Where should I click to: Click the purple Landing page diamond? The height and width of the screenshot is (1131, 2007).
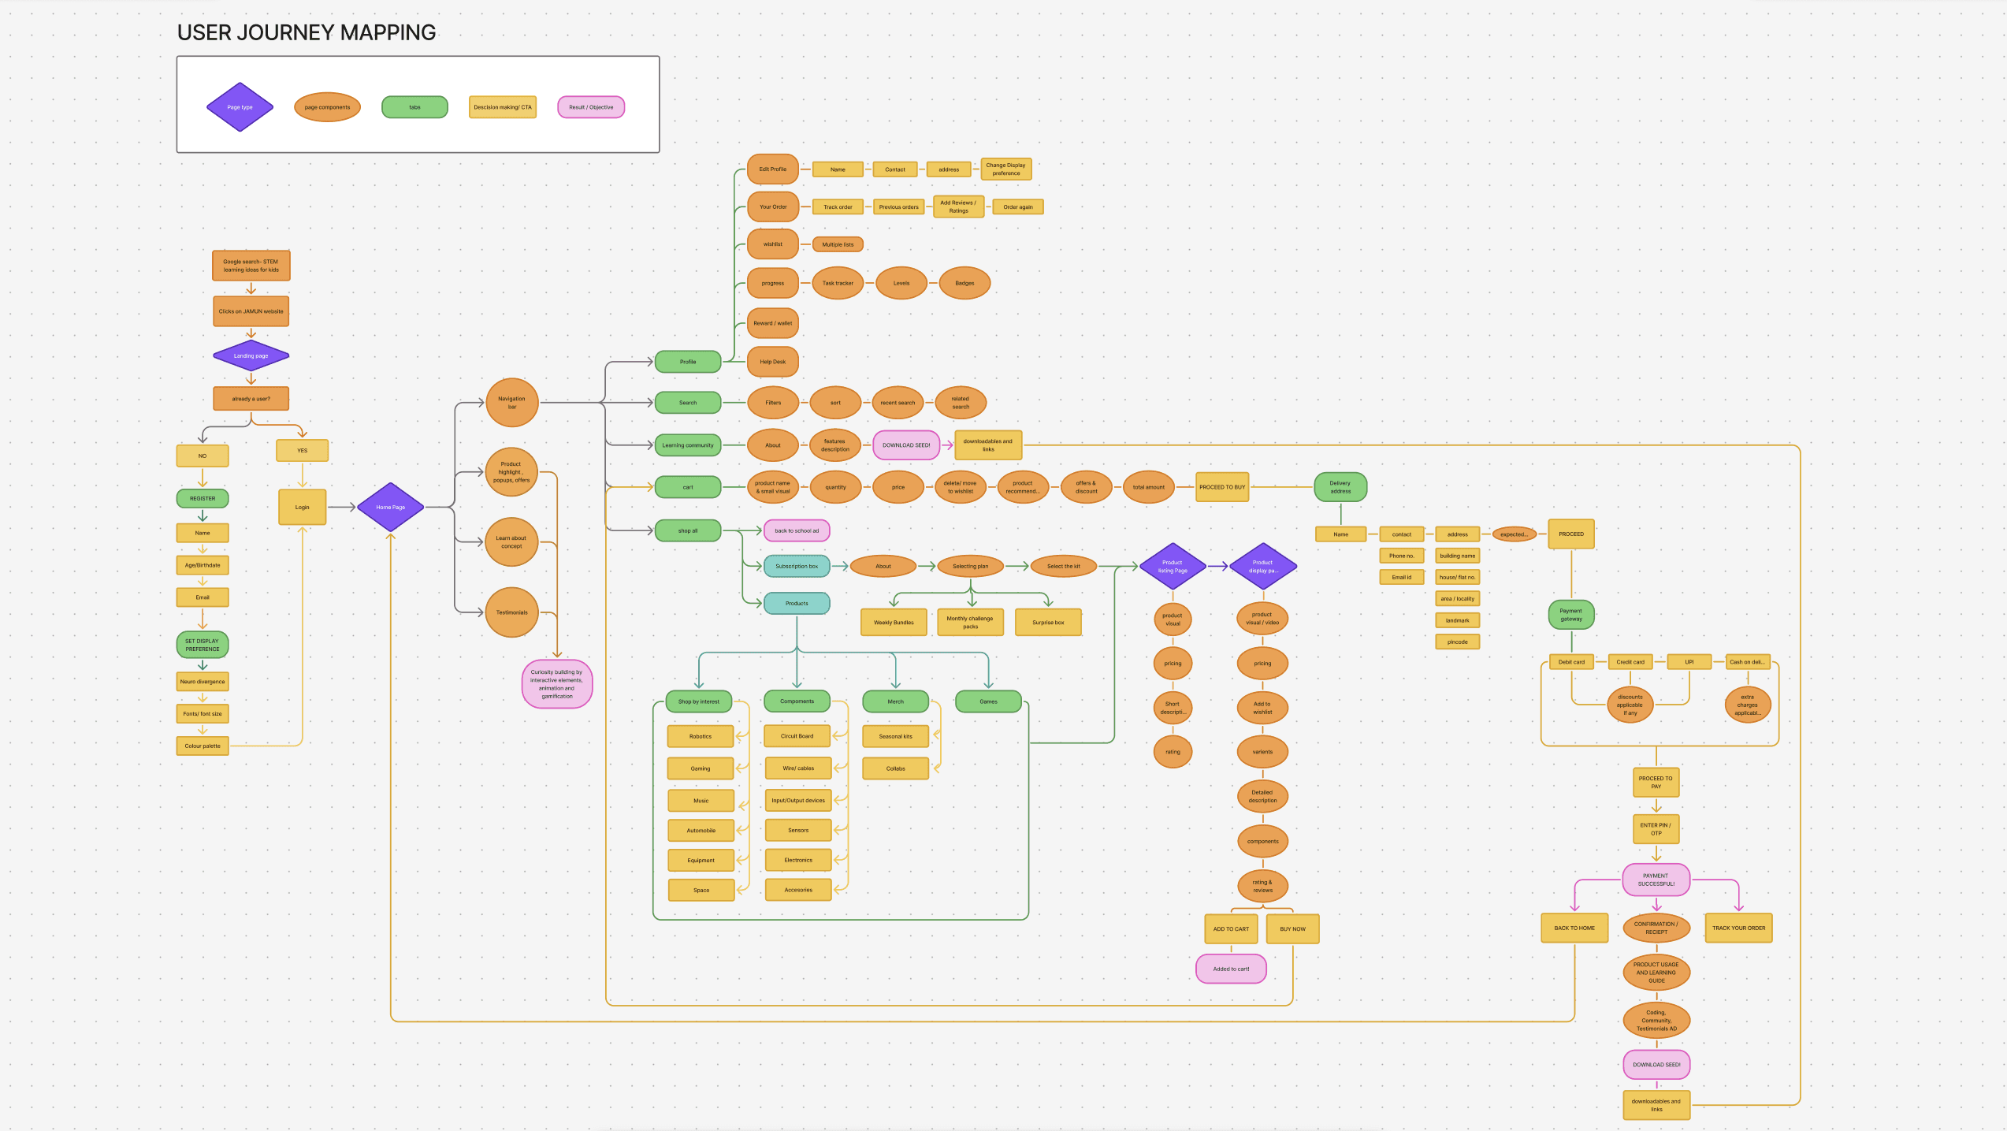tap(251, 355)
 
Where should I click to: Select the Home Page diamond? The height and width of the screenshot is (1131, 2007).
tap(390, 507)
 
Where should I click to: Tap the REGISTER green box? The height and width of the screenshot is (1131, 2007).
tap(203, 498)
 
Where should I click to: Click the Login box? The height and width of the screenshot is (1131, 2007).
tap(302, 507)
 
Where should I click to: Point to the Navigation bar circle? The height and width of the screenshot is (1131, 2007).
tap(511, 403)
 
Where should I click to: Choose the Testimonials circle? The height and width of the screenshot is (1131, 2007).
tap(511, 612)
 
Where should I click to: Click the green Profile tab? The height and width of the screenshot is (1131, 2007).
tap(687, 362)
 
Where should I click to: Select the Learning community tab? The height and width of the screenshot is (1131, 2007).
tap(687, 445)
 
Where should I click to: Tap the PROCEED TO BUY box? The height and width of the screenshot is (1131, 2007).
tap(1222, 487)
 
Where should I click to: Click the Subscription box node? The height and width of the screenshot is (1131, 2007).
tap(797, 566)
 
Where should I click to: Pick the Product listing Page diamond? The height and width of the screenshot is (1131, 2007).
tap(1173, 566)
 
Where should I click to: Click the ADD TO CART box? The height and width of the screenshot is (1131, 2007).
tap(1231, 929)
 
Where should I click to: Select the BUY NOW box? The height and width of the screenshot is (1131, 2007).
tap(1292, 929)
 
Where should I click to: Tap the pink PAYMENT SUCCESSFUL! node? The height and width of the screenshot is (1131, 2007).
tap(1656, 880)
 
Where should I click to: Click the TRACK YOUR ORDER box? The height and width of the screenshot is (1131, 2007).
tap(1738, 928)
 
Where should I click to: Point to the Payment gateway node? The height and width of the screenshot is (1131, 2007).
tap(1570, 615)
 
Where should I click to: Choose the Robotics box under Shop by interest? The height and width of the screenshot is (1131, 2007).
tap(701, 736)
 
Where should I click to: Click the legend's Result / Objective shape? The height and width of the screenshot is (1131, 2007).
tap(591, 107)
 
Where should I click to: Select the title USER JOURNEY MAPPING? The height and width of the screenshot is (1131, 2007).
tap(307, 32)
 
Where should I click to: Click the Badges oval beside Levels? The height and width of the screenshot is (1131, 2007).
tap(964, 283)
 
